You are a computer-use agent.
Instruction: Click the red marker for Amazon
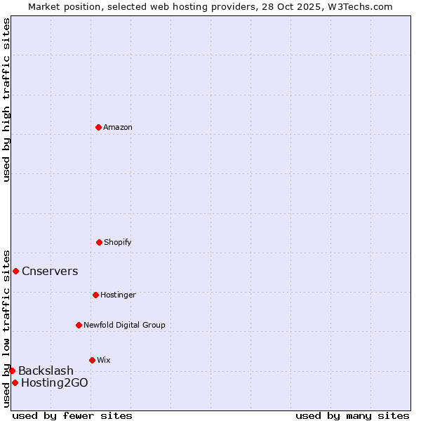pyautogui.click(x=98, y=127)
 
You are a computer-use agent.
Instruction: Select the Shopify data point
pyautogui.click(x=99, y=242)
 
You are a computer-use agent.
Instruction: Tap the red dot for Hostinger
pyautogui.click(x=95, y=295)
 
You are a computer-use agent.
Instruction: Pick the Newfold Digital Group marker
pyautogui.click(x=79, y=325)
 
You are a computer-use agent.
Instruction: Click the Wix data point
pyautogui.click(x=92, y=360)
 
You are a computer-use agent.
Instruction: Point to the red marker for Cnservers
pyautogui.click(x=15, y=271)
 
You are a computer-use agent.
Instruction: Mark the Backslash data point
pyautogui.click(x=12, y=370)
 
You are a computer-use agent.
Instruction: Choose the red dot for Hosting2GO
pyautogui.click(x=15, y=382)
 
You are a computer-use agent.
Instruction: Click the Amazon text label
pyautogui.click(x=118, y=128)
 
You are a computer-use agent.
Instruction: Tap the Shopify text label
pyautogui.click(x=118, y=243)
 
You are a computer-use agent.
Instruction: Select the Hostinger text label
pyautogui.click(x=118, y=295)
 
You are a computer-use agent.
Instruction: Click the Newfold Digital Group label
pyautogui.click(x=124, y=326)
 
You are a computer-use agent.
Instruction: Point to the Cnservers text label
pyautogui.click(x=50, y=272)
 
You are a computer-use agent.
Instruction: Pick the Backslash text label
pyautogui.click(x=46, y=371)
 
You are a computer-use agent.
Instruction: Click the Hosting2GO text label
pyautogui.click(x=55, y=383)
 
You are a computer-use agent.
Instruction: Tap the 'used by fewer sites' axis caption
pyautogui.click(x=72, y=415)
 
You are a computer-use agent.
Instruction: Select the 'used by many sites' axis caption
pyautogui.click(x=352, y=415)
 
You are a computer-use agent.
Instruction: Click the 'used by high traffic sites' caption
pyautogui.click(x=6, y=100)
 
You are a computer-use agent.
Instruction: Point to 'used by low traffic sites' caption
pyautogui.click(x=6, y=328)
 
